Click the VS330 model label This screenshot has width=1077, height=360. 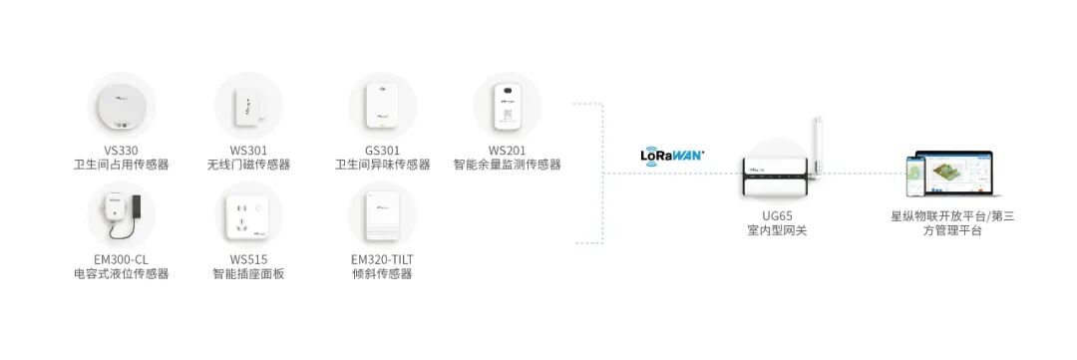[x=122, y=150]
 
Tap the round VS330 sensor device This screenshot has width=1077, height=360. [x=122, y=106]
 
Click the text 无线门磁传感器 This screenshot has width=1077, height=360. [x=248, y=165]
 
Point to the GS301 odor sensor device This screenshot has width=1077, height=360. [x=382, y=107]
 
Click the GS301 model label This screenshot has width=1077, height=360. [x=382, y=150]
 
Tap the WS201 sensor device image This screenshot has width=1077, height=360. [x=507, y=106]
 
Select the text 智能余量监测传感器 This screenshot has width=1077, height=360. [x=507, y=165]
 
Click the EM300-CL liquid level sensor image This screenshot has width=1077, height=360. [x=122, y=215]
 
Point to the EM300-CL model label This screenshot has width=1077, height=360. [x=122, y=258]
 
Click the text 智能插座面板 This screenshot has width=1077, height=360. [x=248, y=273]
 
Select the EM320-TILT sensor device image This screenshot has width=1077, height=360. [x=382, y=215]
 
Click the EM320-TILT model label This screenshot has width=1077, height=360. [x=382, y=258]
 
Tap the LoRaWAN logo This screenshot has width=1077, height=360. [x=672, y=155]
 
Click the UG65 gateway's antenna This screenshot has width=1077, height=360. [x=820, y=145]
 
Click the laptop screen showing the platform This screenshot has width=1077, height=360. [x=959, y=176]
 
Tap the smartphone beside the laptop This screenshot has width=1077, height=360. [x=913, y=180]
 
